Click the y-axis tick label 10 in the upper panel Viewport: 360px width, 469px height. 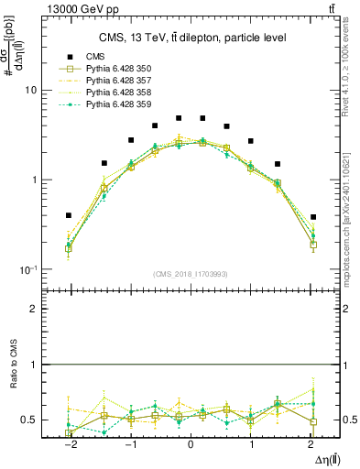pyautogui.click(x=30, y=91)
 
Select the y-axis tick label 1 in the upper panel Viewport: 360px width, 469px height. pyautogui.click(x=33, y=180)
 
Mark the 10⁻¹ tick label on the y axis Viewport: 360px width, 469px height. pyautogui.click(x=28, y=268)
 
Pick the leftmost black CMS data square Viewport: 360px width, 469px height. pyautogui.click(x=69, y=215)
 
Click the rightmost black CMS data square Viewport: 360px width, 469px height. pyautogui.click(x=313, y=217)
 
